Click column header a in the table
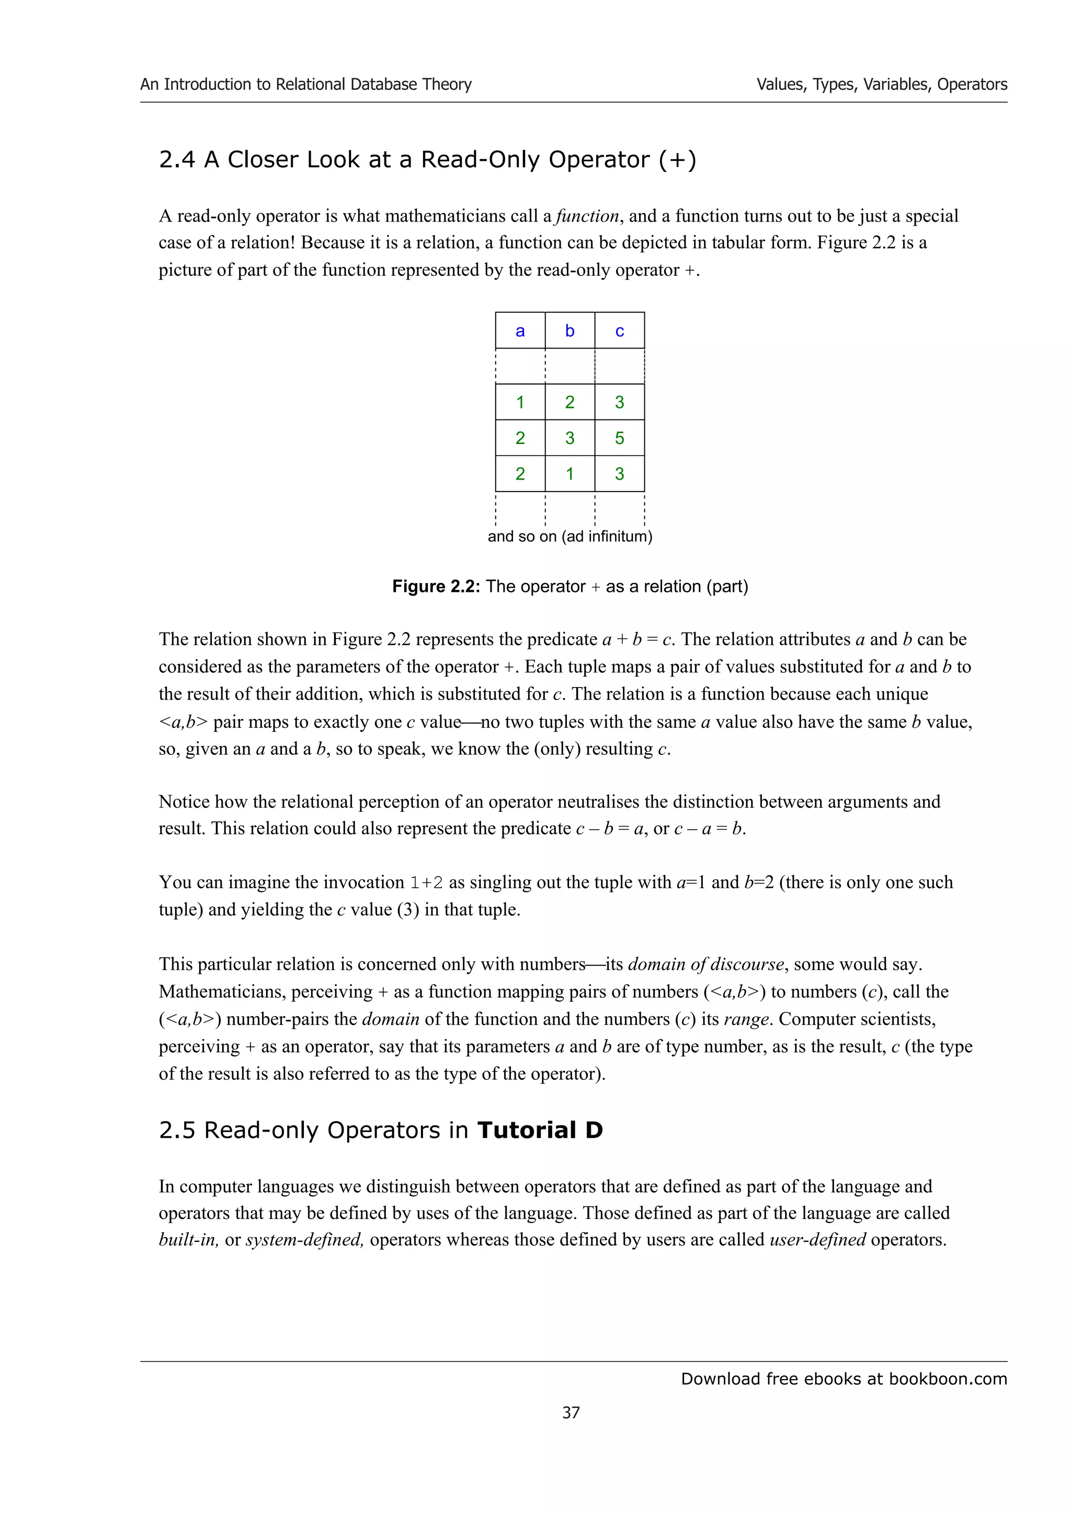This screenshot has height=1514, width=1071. coord(520,331)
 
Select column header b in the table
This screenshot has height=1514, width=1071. coord(569,331)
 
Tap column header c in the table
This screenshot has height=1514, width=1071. coord(620,331)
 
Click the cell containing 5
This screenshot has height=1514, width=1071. coord(620,438)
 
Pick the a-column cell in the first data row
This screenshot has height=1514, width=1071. coord(520,402)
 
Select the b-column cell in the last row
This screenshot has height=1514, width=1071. coord(569,473)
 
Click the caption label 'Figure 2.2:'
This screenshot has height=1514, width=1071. coord(436,586)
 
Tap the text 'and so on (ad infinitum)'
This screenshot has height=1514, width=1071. coord(569,536)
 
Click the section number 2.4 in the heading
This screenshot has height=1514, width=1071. coord(177,160)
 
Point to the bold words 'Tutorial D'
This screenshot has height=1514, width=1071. coord(540,1130)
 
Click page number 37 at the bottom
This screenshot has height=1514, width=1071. coord(571,1413)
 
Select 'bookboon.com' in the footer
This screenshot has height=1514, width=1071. coord(948,1379)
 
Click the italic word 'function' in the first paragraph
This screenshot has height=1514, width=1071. coord(587,216)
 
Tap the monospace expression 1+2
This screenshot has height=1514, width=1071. coord(426,883)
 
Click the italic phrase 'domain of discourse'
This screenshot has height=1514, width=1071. coord(705,965)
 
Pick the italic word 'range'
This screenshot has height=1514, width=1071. coord(746,1019)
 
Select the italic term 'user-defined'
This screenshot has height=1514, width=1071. coord(817,1240)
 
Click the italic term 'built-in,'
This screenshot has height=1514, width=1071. coord(189,1240)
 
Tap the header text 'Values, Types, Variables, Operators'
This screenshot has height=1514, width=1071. coord(882,85)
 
